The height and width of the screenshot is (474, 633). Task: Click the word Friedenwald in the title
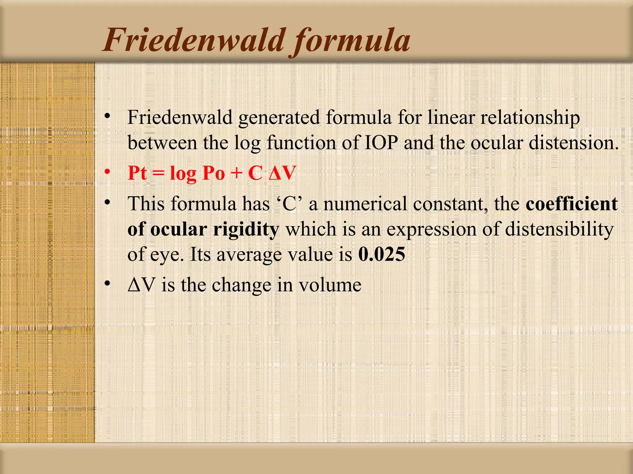pos(193,40)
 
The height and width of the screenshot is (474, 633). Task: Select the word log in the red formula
pos(183,174)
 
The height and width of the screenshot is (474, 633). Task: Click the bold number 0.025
pos(381,254)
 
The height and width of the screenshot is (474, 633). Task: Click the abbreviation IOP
pos(381,143)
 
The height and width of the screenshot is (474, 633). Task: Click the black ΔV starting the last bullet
pos(141,285)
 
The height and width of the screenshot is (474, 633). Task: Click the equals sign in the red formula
pos(159,173)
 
